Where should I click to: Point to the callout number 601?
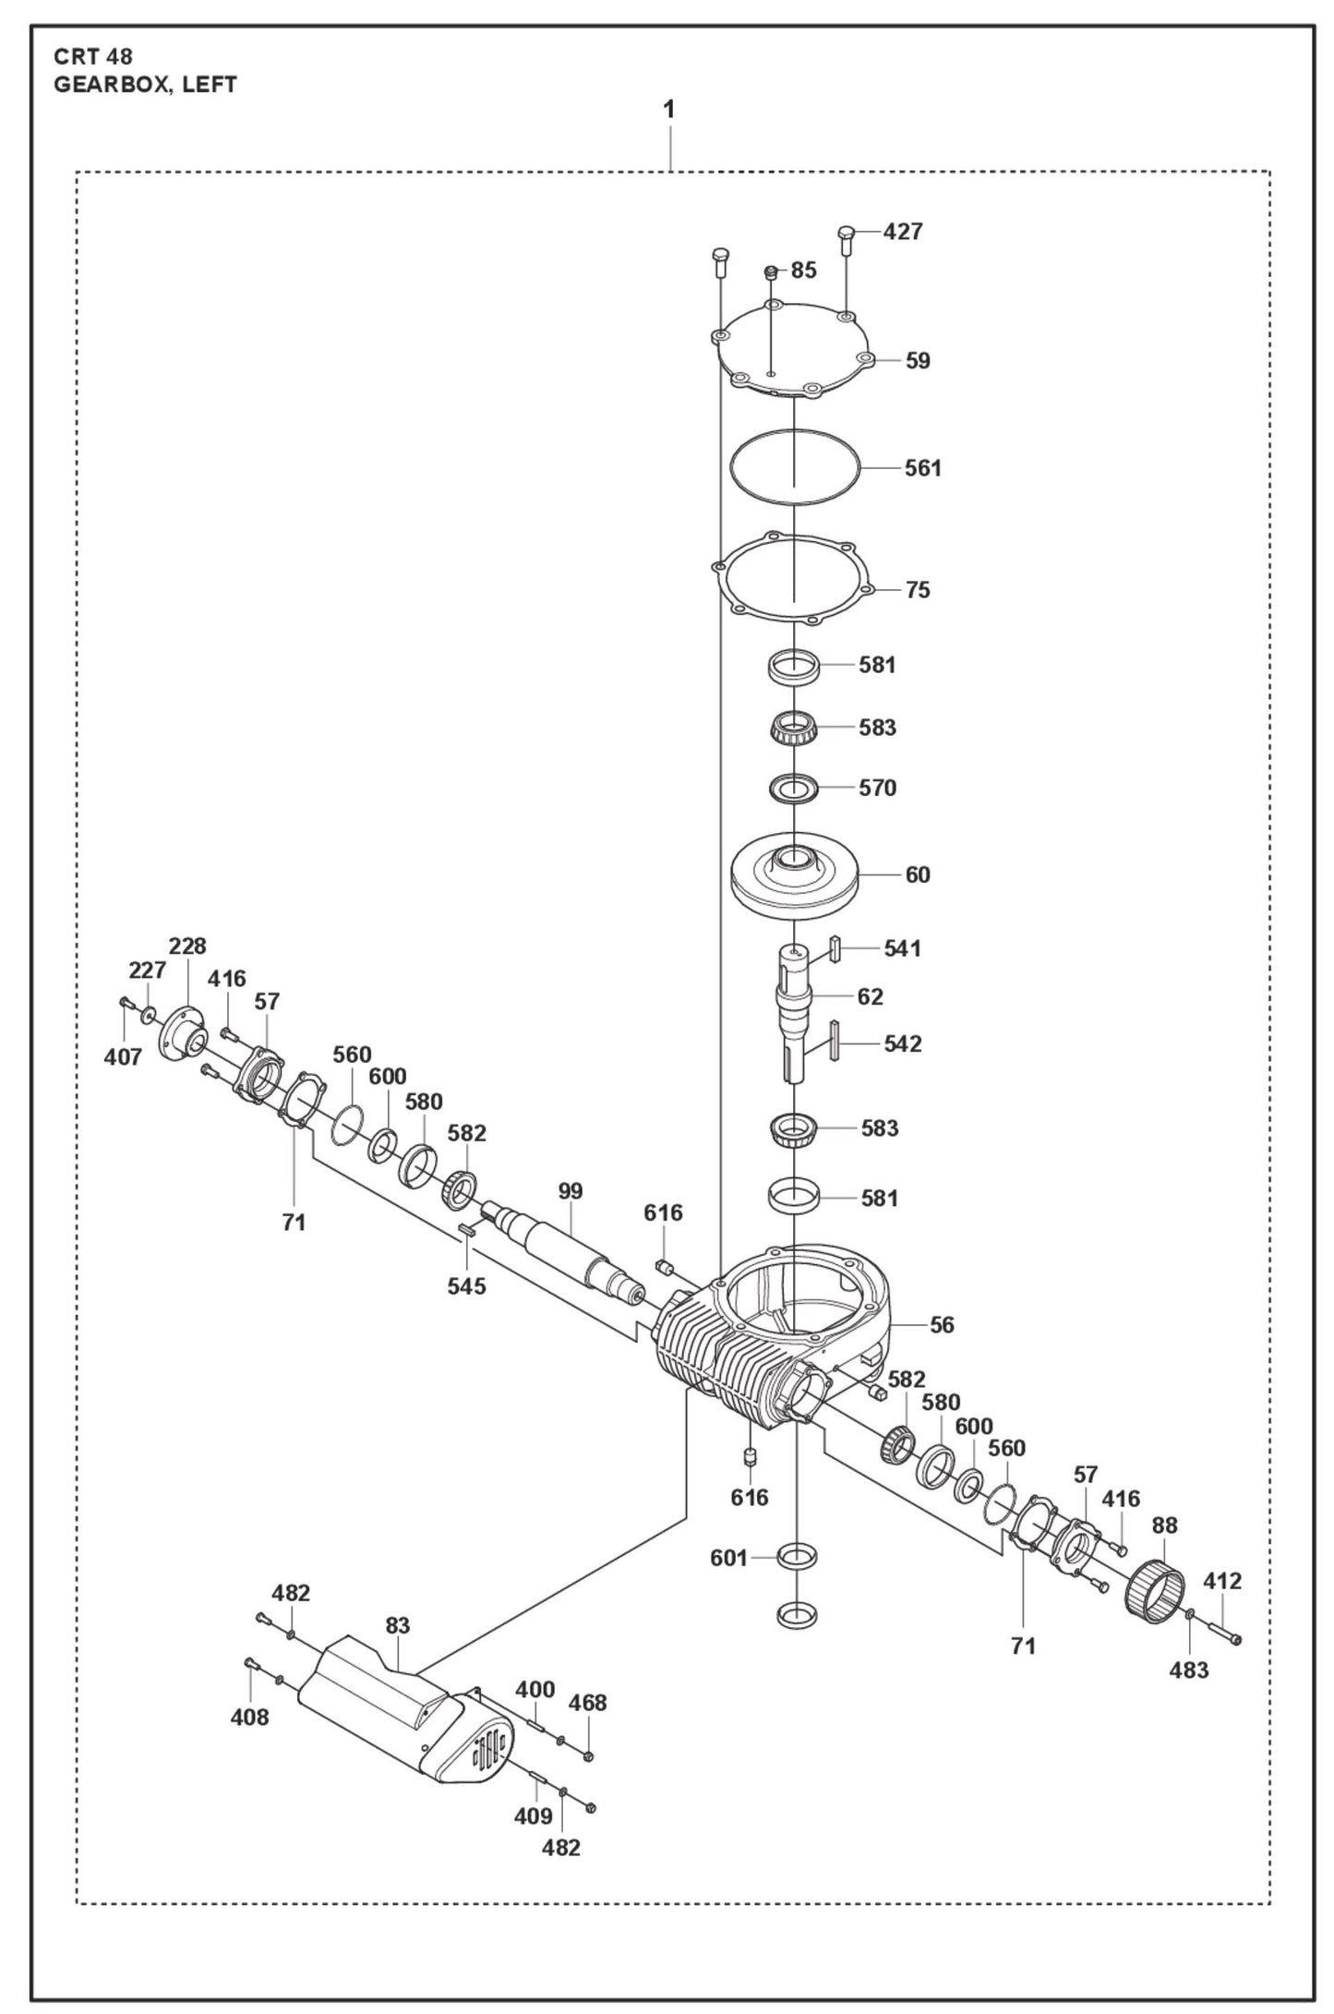coord(728,1559)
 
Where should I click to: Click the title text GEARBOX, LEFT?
coord(145,85)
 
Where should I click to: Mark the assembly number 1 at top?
coord(668,109)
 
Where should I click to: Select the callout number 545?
coord(466,1285)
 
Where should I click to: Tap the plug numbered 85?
coord(770,272)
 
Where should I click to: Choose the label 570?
coord(877,788)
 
